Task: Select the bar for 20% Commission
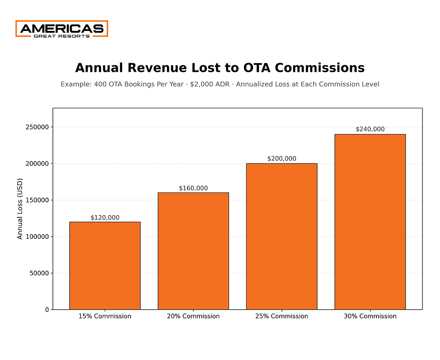(193, 251)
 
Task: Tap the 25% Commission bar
(281, 236)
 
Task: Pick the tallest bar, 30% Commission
(370, 222)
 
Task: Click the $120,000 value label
(105, 218)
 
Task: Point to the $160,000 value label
(193, 188)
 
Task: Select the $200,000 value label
(281, 159)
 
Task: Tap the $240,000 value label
(370, 129)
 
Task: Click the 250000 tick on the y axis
(37, 127)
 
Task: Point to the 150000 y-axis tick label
(37, 200)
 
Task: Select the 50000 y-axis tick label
(39, 273)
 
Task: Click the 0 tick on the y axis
(47, 310)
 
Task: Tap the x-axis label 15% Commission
(105, 316)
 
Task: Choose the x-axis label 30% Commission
(370, 316)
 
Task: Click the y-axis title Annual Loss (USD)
(20, 209)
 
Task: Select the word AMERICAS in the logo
(62, 29)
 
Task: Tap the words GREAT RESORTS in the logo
(62, 36)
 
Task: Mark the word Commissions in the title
(320, 68)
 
